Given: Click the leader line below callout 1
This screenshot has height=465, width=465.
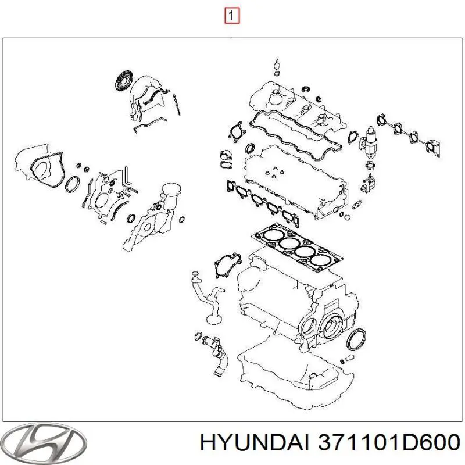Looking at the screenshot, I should [233, 30].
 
